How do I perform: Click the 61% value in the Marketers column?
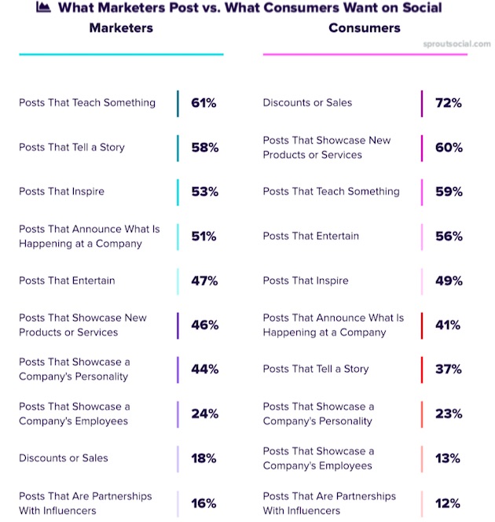[203, 103]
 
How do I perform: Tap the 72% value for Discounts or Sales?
[448, 103]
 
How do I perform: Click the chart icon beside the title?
[44, 8]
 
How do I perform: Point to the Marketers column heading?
[121, 28]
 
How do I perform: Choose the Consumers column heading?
[364, 28]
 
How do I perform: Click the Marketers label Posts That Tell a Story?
[71, 147]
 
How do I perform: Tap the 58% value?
[204, 148]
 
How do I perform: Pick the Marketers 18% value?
[203, 458]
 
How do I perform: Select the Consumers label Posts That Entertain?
[310, 236]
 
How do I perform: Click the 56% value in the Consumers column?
[449, 237]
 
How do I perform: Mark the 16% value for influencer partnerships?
[203, 503]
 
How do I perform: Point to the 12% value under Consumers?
[448, 503]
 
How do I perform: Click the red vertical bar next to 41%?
[422, 325]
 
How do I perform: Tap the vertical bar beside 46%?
[178, 325]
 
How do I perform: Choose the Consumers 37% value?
[448, 369]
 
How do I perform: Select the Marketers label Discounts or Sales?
[64, 458]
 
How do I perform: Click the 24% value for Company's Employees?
[204, 414]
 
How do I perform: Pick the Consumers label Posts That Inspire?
[305, 280]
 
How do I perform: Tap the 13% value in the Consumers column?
[448, 458]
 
